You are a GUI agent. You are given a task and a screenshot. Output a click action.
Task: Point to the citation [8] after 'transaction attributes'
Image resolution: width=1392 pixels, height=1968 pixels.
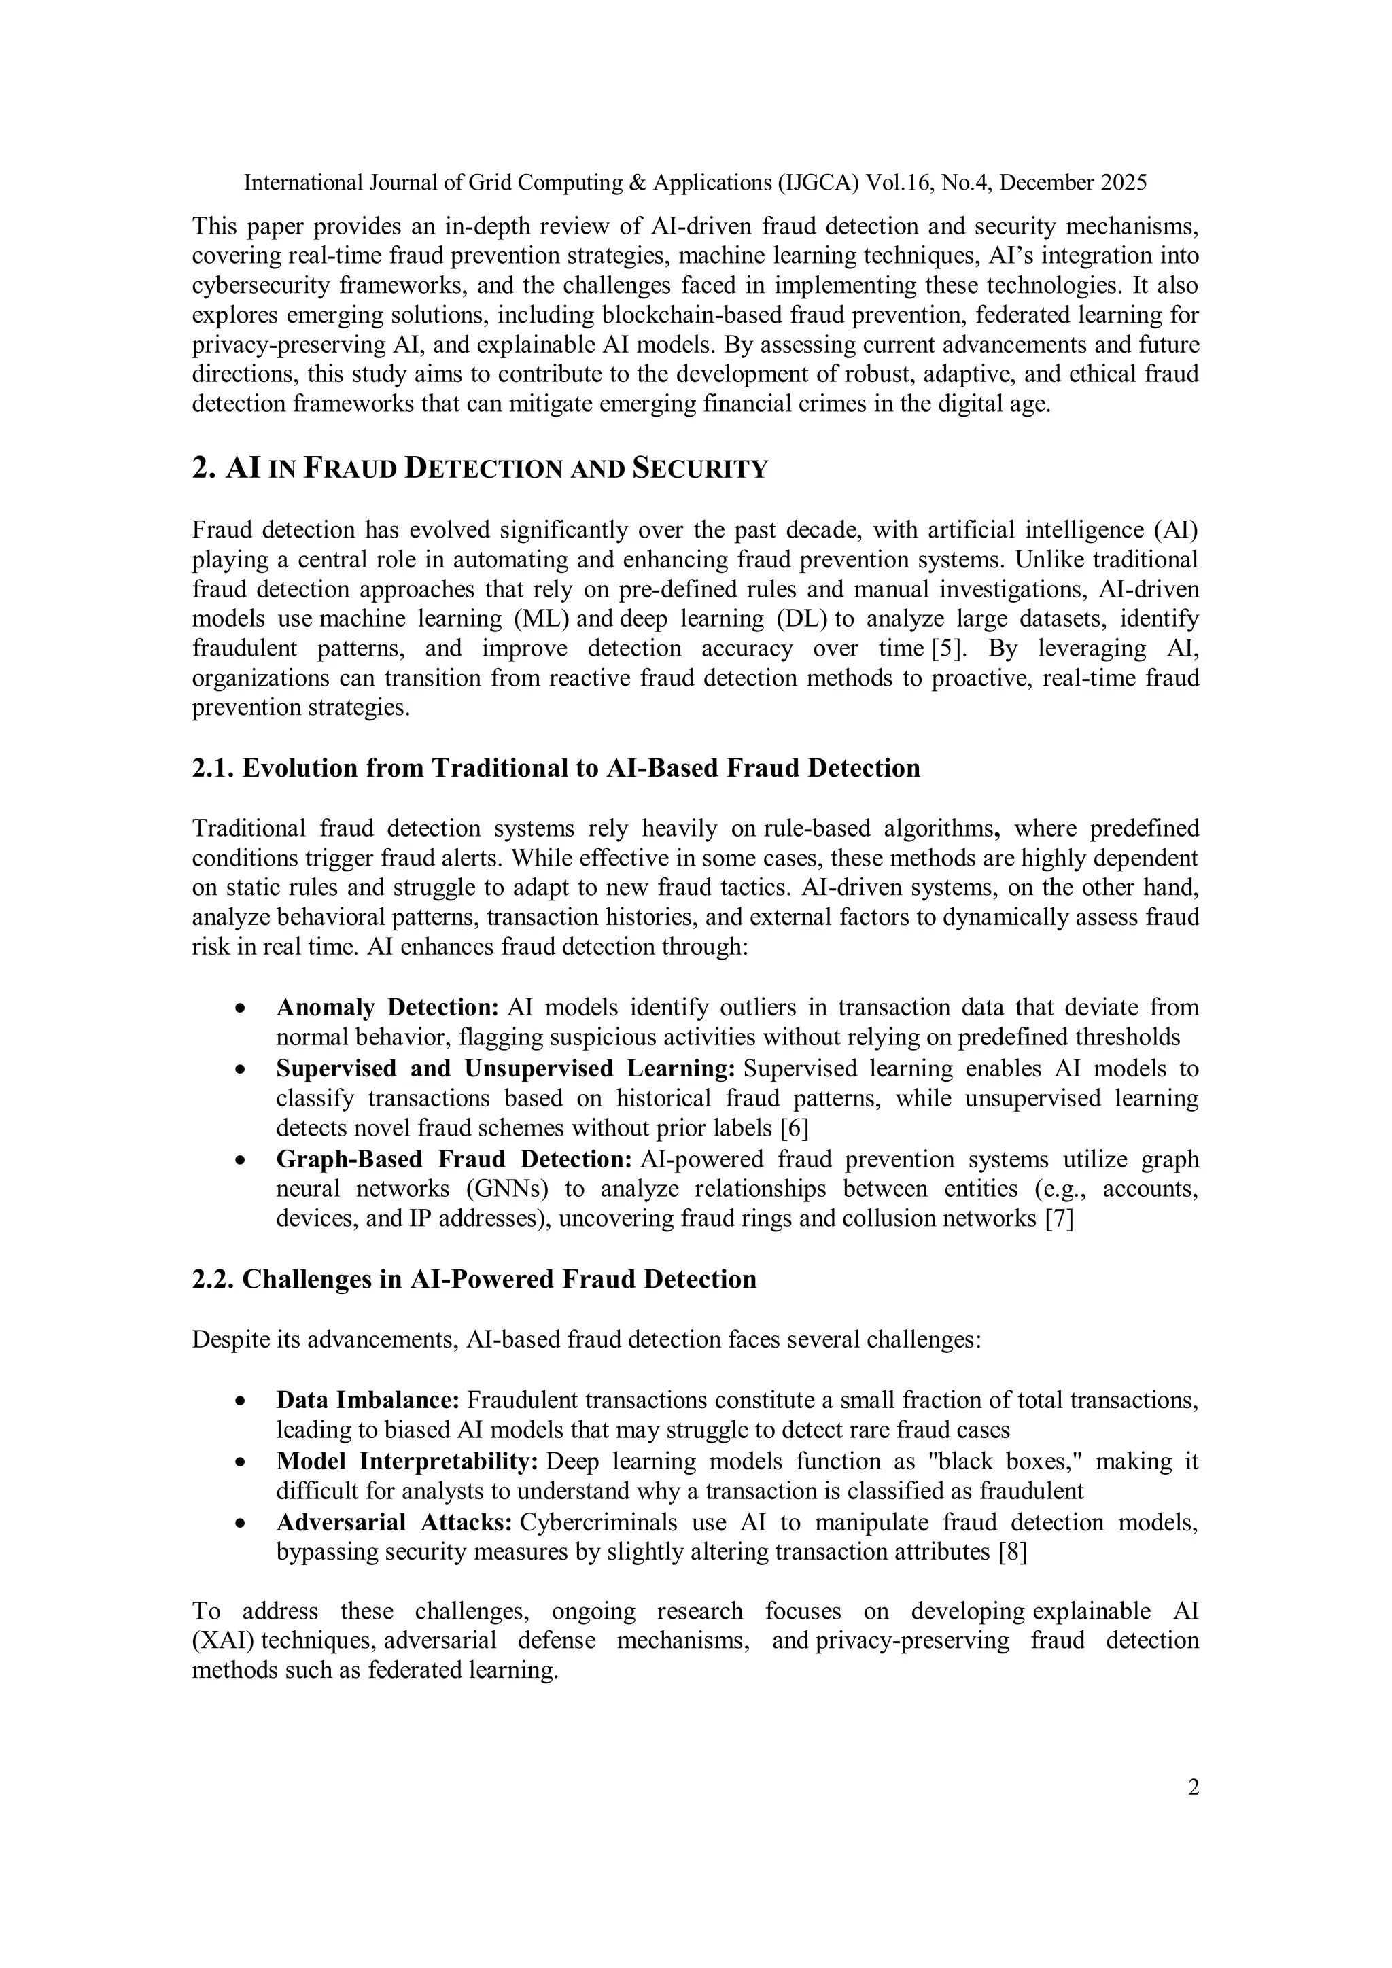coord(1012,1552)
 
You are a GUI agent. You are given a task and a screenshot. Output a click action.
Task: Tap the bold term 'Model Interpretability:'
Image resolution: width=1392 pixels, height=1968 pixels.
coord(407,1462)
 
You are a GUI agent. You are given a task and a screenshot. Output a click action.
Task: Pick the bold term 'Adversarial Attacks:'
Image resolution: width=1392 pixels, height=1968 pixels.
coord(394,1522)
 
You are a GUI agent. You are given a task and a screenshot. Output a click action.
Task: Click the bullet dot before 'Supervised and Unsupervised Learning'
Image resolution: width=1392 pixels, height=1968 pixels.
coord(242,1070)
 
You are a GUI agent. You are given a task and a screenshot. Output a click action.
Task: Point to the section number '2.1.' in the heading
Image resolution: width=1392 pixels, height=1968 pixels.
coord(213,768)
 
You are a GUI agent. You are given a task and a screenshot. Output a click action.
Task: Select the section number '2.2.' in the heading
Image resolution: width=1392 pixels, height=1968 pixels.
coord(213,1280)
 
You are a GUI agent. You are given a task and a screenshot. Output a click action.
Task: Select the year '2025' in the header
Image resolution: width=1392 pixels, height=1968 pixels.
coord(1123,183)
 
